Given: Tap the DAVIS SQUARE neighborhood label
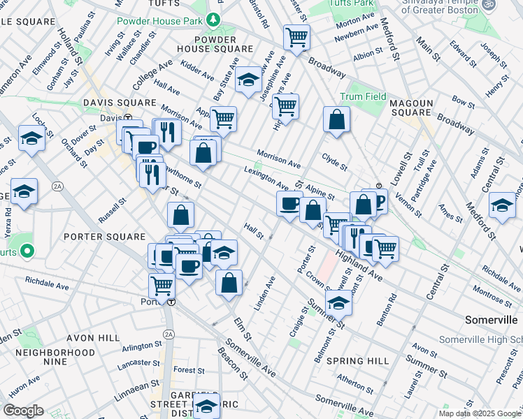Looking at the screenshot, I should click(x=119, y=103).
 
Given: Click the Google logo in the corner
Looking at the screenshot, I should click(x=23, y=410).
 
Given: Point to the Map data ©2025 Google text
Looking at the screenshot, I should click(x=479, y=413).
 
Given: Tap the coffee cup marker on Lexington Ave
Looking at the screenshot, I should click(x=289, y=203).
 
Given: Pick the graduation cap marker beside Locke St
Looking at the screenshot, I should click(x=31, y=138).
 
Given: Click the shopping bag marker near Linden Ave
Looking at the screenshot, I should click(x=229, y=283).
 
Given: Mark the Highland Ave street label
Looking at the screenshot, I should click(x=359, y=268).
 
